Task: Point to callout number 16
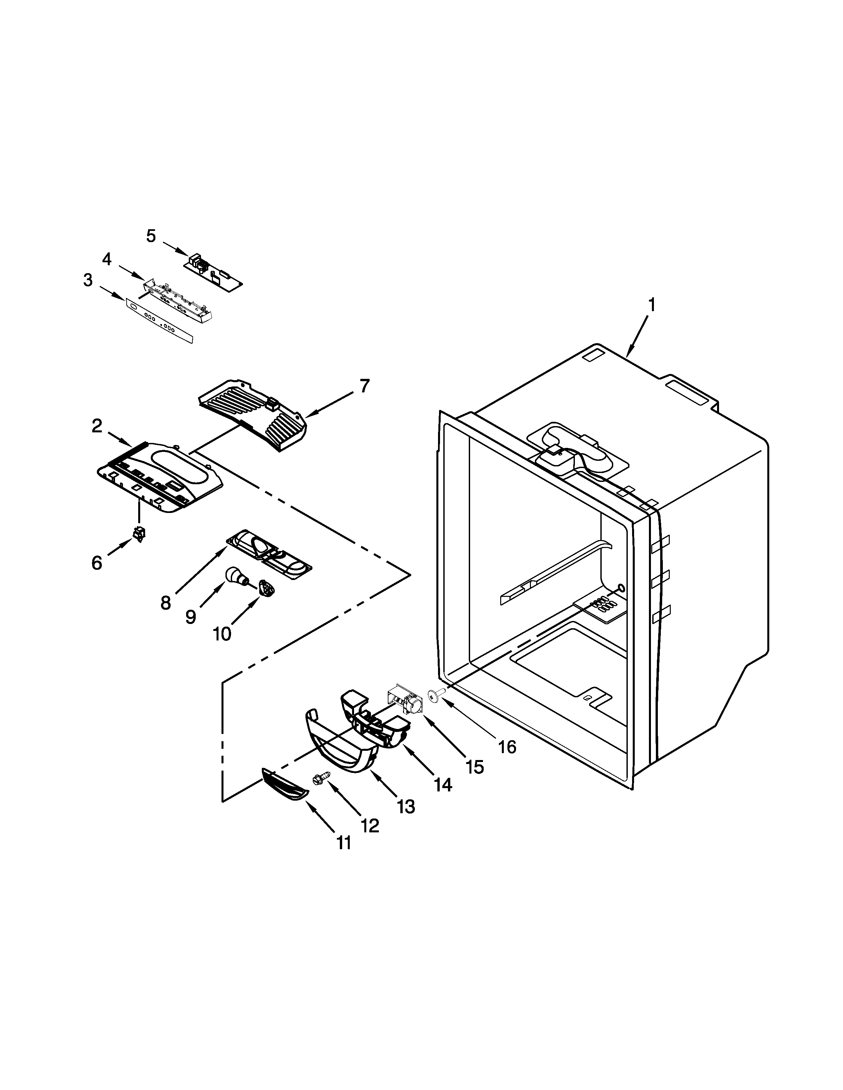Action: pos(507,747)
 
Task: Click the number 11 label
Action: pos(343,843)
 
